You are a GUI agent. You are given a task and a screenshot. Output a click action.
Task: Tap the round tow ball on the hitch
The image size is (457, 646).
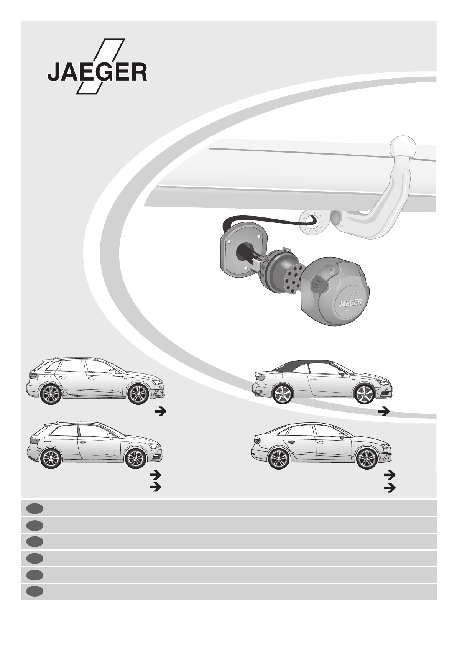click(x=403, y=148)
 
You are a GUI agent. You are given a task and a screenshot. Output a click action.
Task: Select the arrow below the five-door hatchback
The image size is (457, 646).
click(x=161, y=412)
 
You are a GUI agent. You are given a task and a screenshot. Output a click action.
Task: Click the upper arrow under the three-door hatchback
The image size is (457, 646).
click(x=155, y=474)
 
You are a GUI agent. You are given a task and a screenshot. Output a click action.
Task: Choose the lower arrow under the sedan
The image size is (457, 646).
click(x=390, y=487)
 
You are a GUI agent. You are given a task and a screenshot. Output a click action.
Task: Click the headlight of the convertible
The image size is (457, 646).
click(x=382, y=382)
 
